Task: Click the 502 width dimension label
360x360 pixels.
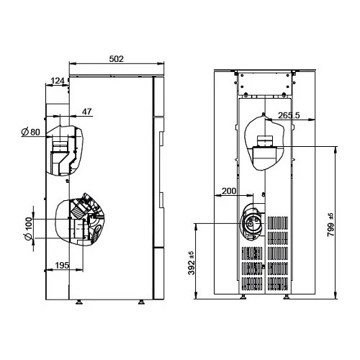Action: [117, 59]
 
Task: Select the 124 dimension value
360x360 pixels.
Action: [58, 81]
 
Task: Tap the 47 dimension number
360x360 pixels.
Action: [87, 112]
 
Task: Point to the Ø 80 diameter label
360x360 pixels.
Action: [30, 132]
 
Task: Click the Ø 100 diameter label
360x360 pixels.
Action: [28, 229]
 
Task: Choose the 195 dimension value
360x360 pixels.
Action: [62, 265]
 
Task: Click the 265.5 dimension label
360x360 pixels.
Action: [289, 115]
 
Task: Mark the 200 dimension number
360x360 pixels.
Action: [229, 191]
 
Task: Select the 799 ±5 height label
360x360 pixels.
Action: [330, 225]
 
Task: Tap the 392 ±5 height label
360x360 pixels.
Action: [192, 263]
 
